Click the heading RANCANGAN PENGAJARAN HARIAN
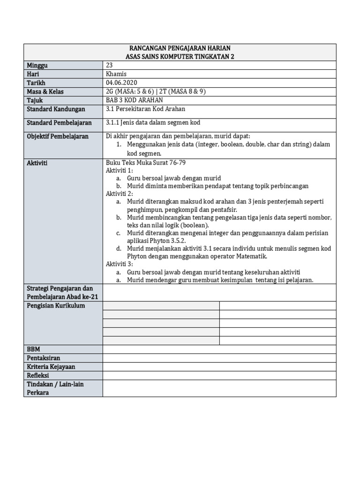pos(180,48)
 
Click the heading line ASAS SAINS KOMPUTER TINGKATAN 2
pos(180,56)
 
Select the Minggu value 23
pos(110,65)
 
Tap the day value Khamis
pos(116,74)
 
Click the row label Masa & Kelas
pos(45,91)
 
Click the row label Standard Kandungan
pos(56,109)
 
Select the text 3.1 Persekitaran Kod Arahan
pos(146,109)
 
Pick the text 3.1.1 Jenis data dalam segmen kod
pos(153,122)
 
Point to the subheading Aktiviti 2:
pos(120,193)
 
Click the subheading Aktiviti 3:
pos(120,264)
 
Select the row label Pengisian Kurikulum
pos(56,306)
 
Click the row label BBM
pos(34,349)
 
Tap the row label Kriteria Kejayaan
pos(51,367)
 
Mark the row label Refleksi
pos(38,375)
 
